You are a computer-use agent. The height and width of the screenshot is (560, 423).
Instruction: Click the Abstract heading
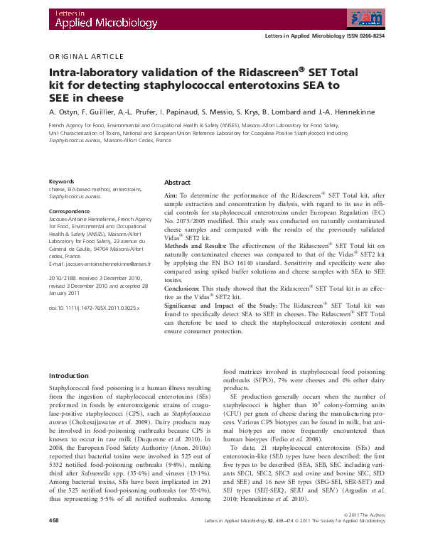tap(178, 183)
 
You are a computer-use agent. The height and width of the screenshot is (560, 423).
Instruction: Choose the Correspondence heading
tap(72, 212)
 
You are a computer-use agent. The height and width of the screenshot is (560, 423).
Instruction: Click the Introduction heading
tap(73, 375)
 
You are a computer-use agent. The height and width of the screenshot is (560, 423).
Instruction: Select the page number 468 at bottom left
tap(54, 540)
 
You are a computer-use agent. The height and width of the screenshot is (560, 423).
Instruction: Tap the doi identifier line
tap(94, 308)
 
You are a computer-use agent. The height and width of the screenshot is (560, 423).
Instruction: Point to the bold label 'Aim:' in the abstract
tap(171, 195)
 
